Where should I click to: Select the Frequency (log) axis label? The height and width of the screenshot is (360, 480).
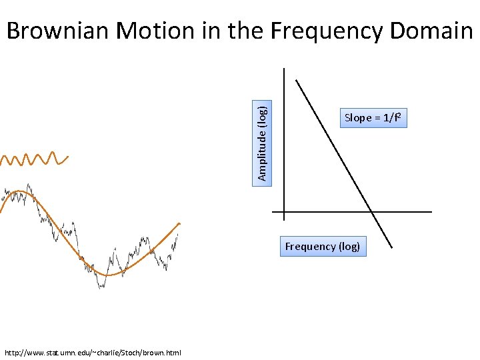(x=323, y=247)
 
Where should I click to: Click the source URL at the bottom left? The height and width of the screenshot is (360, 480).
(x=93, y=352)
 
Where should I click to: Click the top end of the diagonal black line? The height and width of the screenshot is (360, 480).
(x=297, y=81)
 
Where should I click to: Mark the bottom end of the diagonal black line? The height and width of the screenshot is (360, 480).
(x=392, y=248)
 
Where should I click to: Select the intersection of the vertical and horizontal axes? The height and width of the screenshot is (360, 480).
(x=283, y=212)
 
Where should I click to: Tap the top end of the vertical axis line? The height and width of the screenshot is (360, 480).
(x=283, y=68)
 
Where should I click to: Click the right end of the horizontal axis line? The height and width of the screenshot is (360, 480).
(x=431, y=212)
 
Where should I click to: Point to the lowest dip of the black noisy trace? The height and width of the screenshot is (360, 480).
(x=101, y=287)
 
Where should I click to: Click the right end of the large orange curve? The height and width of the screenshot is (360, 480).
(x=179, y=223)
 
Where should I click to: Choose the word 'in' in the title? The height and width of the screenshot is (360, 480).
(x=209, y=31)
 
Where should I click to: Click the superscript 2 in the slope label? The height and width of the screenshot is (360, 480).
(x=399, y=115)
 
